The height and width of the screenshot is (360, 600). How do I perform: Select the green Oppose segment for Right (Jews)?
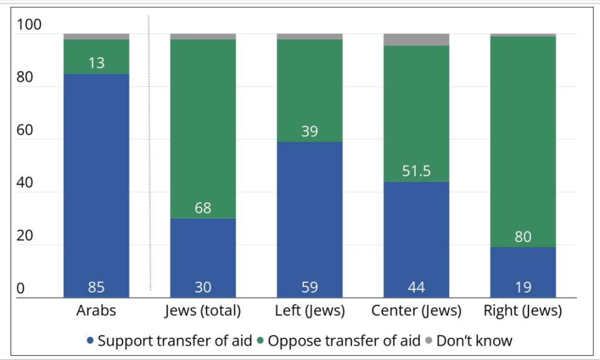click(523, 141)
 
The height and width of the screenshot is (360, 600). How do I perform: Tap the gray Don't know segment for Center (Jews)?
click(416, 39)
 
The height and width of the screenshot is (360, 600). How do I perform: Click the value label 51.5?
click(416, 171)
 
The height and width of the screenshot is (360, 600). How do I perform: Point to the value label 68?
click(203, 208)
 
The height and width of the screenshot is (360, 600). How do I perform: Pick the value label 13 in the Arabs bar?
click(96, 63)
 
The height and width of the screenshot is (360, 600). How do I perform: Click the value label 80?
click(523, 237)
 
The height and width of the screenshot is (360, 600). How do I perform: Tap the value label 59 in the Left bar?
click(310, 287)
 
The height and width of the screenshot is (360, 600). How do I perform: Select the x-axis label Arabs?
click(96, 311)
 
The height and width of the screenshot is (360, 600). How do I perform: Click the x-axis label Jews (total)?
click(203, 311)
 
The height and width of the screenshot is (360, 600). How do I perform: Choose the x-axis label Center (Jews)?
click(416, 311)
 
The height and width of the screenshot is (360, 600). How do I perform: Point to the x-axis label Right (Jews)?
click(523, 311)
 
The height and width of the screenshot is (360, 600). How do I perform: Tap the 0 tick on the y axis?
click(21, 288)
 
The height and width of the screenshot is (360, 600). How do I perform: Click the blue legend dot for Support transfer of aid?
click(90, 341)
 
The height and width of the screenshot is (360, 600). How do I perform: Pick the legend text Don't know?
click(474, 341)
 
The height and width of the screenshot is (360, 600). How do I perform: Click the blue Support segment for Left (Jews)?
click(310, 217)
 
